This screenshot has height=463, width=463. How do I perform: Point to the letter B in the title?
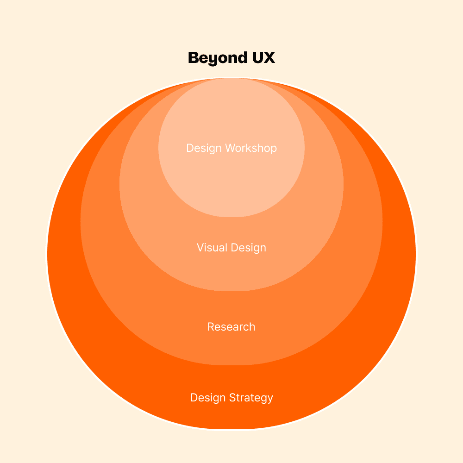[x=194, y=58]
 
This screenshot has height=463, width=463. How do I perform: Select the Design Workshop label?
[x=231, y=148]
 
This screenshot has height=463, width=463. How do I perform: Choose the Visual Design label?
[x=231, y=248]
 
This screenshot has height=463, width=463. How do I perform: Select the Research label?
[x=231, y=327]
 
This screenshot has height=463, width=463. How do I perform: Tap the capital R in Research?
[x=211, y=327]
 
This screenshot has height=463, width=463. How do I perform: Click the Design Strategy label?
[x=231, y=398]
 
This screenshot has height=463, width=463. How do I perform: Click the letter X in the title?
[x=269, y=58]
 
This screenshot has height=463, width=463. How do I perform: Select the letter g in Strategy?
[x=262, y=399]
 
